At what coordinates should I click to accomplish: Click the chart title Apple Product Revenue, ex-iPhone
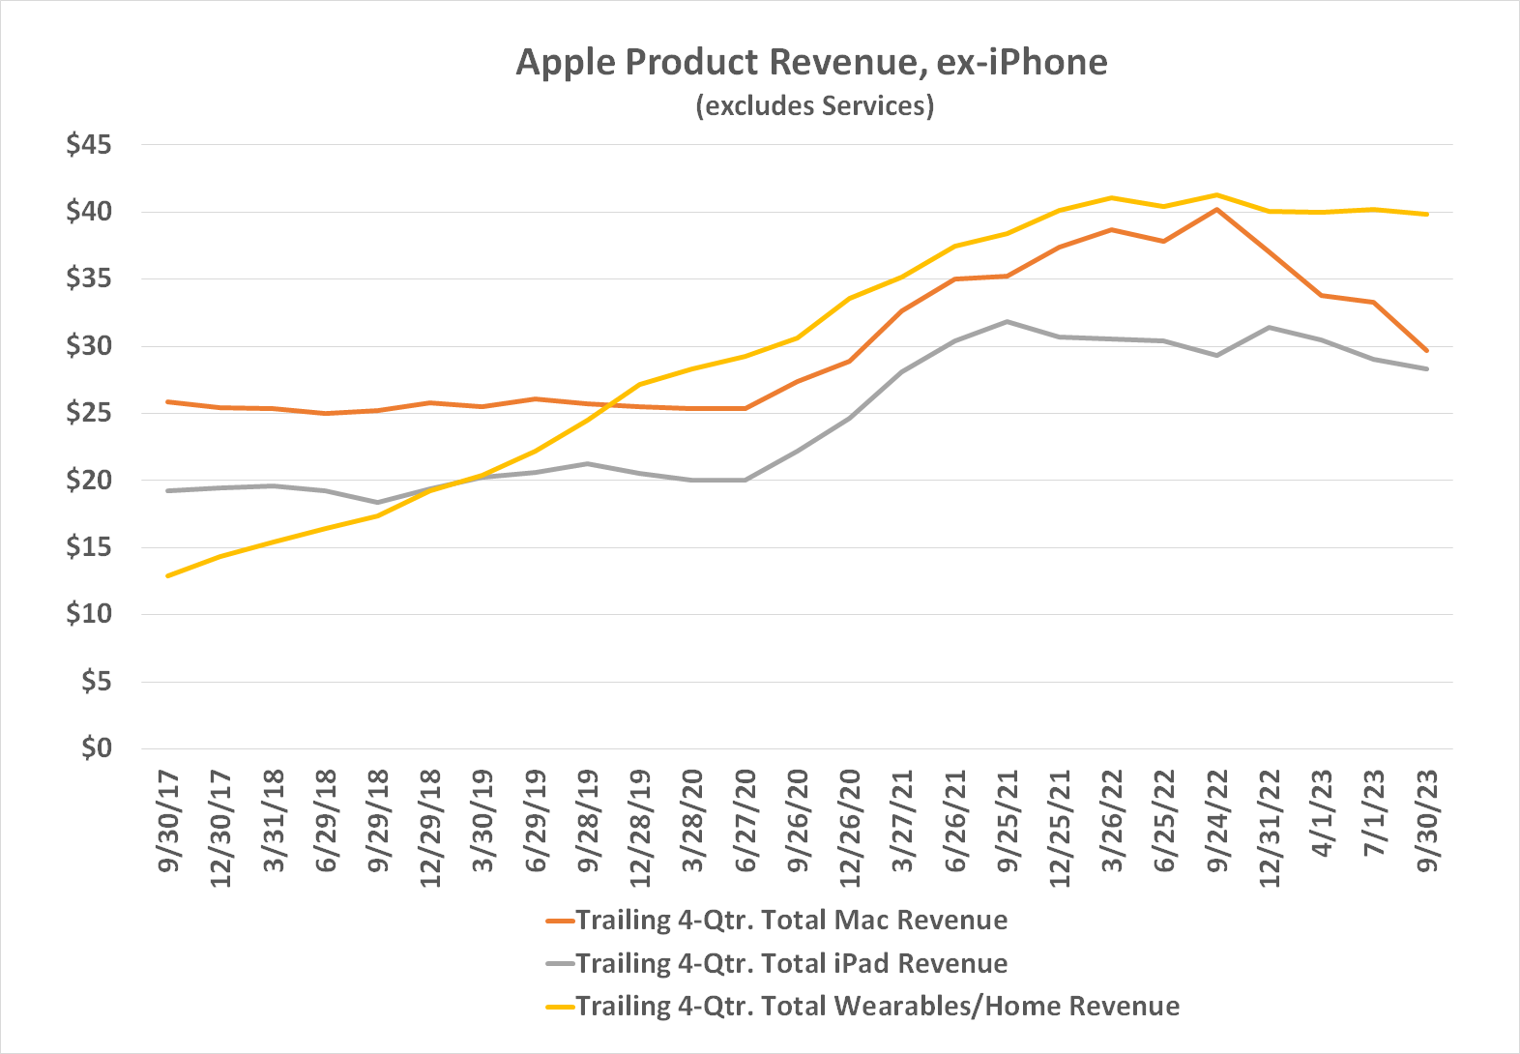coord(811,62)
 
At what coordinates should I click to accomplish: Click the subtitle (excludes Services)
coord(814,104)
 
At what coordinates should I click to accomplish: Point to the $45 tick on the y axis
coord(88,145)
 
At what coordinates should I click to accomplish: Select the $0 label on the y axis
coord(95,747)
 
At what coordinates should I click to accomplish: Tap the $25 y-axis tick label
coord(88,413)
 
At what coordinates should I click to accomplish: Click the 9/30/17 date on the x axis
coord(169,820)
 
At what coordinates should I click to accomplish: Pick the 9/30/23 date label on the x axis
coord(1427,820)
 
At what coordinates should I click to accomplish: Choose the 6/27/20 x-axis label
coord(745,820)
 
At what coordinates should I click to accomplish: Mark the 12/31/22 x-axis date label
coord(1270,828)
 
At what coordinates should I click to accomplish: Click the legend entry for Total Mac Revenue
coord(791,920)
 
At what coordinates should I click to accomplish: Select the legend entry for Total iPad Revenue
coord(791,963)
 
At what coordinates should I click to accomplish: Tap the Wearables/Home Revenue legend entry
coord(877,1006)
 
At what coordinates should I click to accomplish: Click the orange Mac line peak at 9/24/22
coord(1216,209)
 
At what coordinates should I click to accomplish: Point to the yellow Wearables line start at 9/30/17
coord(169,575)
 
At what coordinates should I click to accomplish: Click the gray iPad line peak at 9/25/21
coord(1008,321)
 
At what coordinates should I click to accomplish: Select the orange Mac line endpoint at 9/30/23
coord(1426,350)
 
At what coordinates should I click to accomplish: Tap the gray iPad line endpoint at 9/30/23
coord(1426,368)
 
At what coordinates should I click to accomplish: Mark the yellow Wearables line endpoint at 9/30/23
coord(1426,214)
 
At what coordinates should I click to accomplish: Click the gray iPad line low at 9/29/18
coord(378,502)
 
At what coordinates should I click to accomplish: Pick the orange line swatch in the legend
coord(560,921)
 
